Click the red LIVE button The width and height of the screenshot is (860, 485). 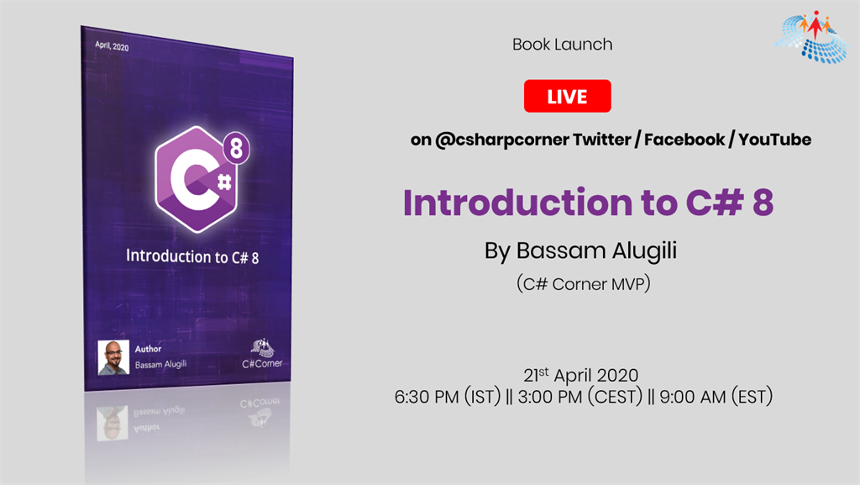click(x=567, y=96)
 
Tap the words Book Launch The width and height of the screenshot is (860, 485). click(x=562, y=45)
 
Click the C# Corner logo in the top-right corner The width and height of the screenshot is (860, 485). click(x=811, y=36)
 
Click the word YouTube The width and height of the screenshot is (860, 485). click(x=774, y=140)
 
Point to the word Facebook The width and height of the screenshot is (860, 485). click(x=684, y=140)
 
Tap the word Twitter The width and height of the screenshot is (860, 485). click(x=601, y=140)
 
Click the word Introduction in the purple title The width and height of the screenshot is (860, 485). click(x=517, y=202)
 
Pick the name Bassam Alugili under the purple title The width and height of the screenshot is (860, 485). click(x=596, y=250)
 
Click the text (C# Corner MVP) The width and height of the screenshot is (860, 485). click(x=584, y=283)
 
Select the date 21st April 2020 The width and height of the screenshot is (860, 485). click(x=581, y=375)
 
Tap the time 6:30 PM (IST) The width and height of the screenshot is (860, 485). click(x=448, y=396)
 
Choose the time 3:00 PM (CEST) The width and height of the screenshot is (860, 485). click(x=579, y=396)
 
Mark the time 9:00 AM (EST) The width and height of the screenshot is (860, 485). click(x=716, y=396)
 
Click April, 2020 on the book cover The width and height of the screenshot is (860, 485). click(x=112, y=46)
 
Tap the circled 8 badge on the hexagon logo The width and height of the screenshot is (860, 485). click(x=236, y=148)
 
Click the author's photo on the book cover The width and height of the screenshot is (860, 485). click(x=113, y=357)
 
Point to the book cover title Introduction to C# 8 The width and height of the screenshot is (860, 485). click(x=192, y=256)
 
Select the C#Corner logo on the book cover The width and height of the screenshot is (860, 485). click(x=262, y=354)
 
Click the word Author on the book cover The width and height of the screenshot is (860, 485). click(x=148, y=348)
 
